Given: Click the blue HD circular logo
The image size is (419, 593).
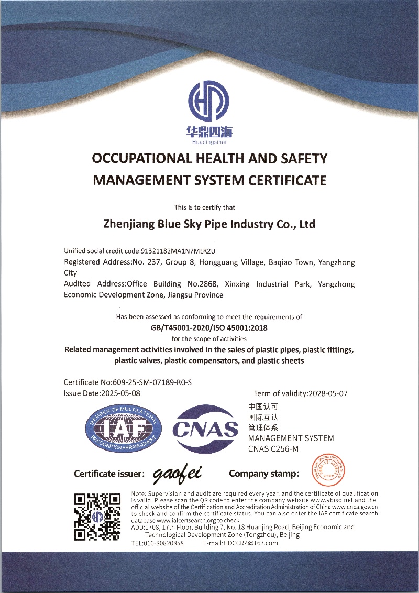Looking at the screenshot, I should [x=208, y=101].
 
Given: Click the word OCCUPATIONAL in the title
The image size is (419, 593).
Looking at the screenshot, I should [x=137, y=159].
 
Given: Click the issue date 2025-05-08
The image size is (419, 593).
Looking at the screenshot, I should [x=121, y=393].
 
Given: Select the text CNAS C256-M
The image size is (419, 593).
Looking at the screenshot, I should [x=273, y=448].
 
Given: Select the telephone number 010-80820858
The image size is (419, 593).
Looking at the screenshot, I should [x=164, y=543].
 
